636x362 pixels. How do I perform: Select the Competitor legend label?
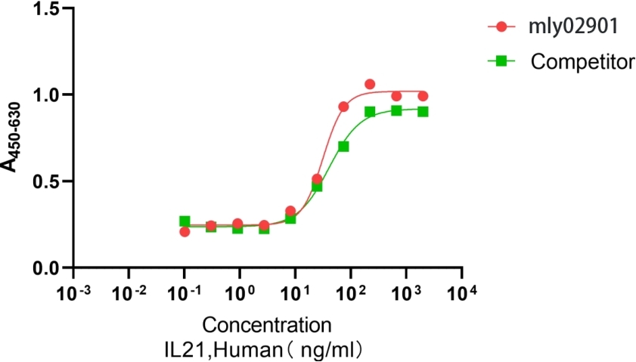point(582,62)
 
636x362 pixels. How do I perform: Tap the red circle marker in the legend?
point(501,27)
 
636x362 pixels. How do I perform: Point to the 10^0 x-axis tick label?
point(240,292)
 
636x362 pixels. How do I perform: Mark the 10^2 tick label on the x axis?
point(350,292)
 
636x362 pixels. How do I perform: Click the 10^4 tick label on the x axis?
point(461,292)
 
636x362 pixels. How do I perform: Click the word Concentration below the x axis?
point(267,326)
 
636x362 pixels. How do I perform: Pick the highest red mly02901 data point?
point(370,84)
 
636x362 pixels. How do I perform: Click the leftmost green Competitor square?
point(185,221)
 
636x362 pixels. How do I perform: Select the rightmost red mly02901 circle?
point(423,96)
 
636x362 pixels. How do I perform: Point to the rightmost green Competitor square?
point(423,111)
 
